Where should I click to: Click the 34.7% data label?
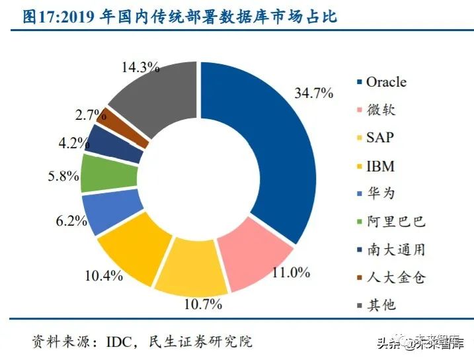[x=313, y=93]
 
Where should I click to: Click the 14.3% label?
[x=141, y=67]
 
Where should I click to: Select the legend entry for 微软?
[x=381, y=110]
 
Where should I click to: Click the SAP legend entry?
[x=381, y=138]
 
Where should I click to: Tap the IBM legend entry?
[x=380, y=165]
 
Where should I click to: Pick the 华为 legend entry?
[x=381, y=193]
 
